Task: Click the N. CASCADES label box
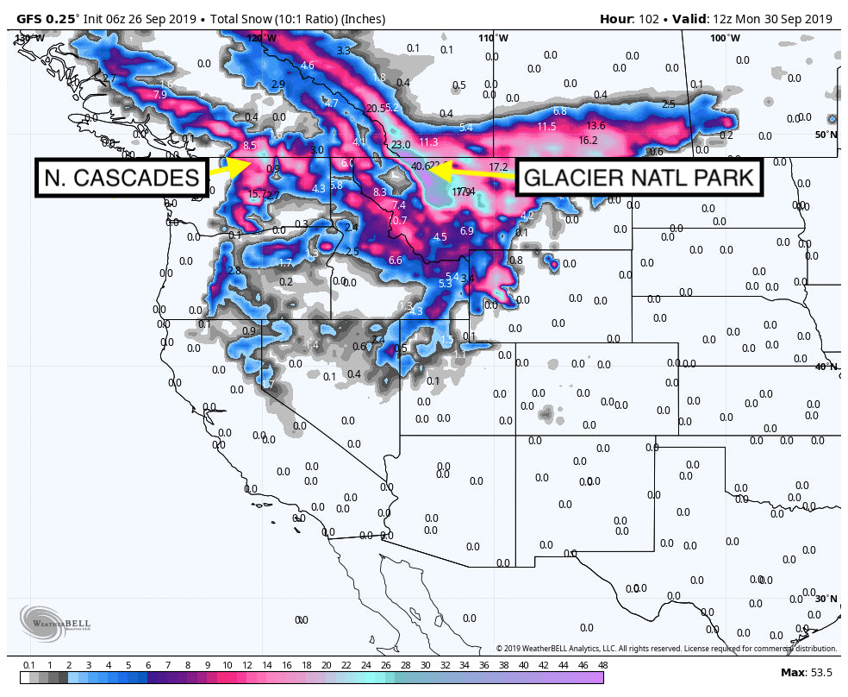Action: click(x=122, y=178)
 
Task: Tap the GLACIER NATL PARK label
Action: click(x=639, y=179)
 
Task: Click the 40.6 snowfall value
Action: click(x=421, y=166)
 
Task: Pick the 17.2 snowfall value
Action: click(x=498, y=166)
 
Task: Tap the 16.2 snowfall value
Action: click(x=588, y=140)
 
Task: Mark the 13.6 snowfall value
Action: click(x=595, y=126)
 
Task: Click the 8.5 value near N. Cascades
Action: click(x=250, y=146)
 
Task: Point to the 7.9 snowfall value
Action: click(x=159, y=95)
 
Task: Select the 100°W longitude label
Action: click(x=725, y=38)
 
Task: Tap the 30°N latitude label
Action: click(x=826, y=599)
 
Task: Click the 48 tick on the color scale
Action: click(x=602, y=666)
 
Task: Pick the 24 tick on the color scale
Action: click(x=365, y=666)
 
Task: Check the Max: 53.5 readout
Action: click(x=805, y=672)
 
